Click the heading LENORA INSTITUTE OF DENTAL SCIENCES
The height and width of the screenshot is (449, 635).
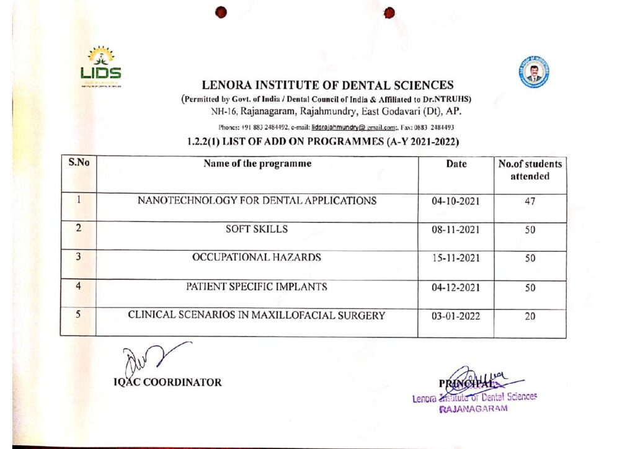tap(327, 86)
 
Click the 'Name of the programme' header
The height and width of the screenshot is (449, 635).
tap(257, 164)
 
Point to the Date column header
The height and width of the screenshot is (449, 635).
tap(456, 165)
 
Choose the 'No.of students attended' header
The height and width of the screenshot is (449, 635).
tap(530, 171)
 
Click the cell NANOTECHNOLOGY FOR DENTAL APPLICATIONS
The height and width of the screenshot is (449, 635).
tap(257, 201)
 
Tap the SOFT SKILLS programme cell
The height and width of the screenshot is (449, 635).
tap(257, 229)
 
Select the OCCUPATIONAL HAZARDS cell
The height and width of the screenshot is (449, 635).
tap(257, 258)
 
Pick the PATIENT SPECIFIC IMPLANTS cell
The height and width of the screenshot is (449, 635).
tap(257, 287)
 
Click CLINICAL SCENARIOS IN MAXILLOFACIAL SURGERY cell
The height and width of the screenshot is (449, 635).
tap(257, 315)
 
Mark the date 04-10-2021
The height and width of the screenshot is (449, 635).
tap(456, 202)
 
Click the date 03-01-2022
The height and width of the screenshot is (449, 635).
tap(456, 316)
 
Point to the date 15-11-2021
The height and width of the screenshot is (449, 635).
tap(456, 259)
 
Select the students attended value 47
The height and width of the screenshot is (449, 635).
tap(530, 202)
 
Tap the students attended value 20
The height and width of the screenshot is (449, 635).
tap(530, 316)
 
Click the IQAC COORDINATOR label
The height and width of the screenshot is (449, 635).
tap(167, 383)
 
